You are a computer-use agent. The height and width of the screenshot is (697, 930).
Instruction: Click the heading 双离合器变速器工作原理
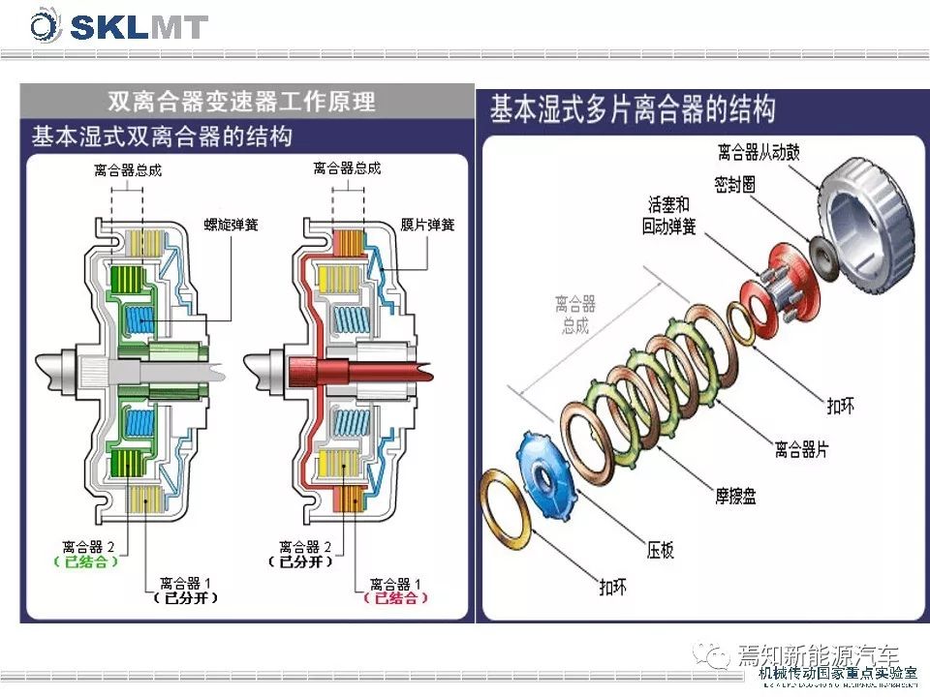(x=241, y=101)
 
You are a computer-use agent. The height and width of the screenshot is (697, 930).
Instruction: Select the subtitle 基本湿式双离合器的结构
(x=162, y=135)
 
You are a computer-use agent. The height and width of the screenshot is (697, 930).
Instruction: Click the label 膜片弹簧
(x=427, y=225)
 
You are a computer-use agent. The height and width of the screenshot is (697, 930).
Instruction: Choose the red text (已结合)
(x=396, y=598)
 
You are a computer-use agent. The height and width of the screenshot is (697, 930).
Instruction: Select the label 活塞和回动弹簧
(x=667, y=216)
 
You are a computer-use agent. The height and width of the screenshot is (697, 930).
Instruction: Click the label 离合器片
(x=801, y=450)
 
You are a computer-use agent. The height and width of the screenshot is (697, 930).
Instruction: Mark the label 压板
(x=661, y=550)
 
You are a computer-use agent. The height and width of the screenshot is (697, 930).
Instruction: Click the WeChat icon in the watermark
(x=718, y=656)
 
